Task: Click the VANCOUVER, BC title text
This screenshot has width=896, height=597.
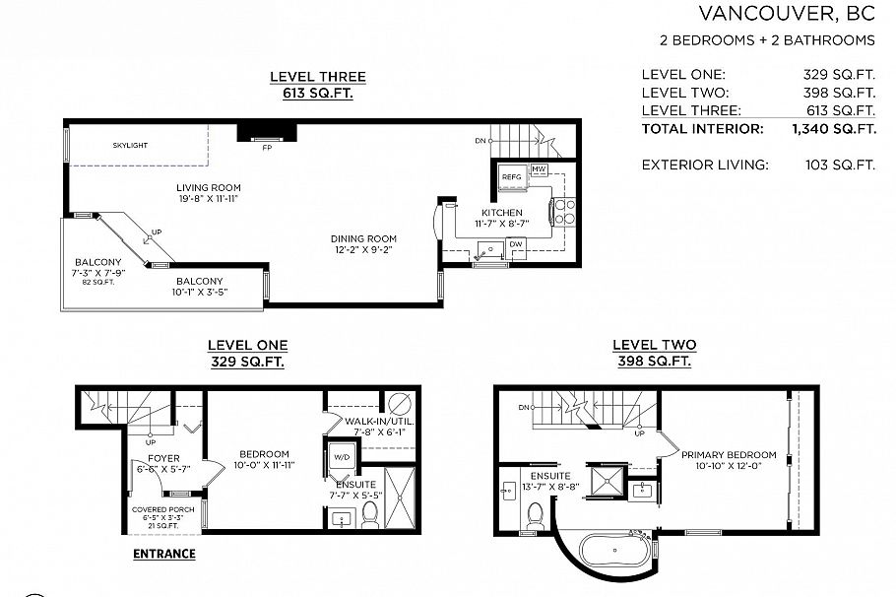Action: (787, 13)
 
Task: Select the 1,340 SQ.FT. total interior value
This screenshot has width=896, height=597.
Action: (833, 129)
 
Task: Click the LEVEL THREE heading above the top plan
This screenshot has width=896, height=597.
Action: (317, 77)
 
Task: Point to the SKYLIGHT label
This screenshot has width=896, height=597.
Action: (130, 146)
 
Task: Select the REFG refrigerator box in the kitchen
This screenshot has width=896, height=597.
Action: (511, 177)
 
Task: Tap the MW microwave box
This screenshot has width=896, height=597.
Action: (539, 170)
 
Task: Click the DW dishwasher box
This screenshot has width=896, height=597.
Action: (516, 246)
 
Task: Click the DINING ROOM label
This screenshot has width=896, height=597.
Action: (363, 238)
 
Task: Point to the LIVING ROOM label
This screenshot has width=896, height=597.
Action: (209, 188)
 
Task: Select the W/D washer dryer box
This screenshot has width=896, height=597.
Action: (343, 457)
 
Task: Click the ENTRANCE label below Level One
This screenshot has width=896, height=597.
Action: (164, 554)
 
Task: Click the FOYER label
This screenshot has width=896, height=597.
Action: (164, 458)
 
